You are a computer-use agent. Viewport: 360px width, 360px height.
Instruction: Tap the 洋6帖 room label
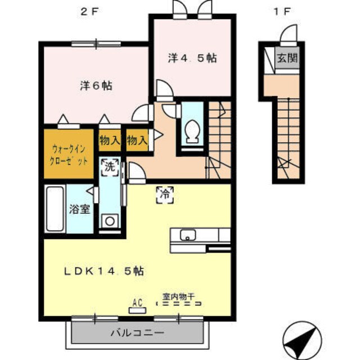coord(96,86)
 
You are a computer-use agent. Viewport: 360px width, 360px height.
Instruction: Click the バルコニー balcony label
coord(137,332)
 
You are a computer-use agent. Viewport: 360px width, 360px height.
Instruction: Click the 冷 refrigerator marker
coord(165,194)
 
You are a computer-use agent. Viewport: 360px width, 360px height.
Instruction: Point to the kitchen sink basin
coord(186,235)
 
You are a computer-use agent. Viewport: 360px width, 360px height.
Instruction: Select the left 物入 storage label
coord(109,141)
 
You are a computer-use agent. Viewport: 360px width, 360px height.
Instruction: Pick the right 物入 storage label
coord(137,141)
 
